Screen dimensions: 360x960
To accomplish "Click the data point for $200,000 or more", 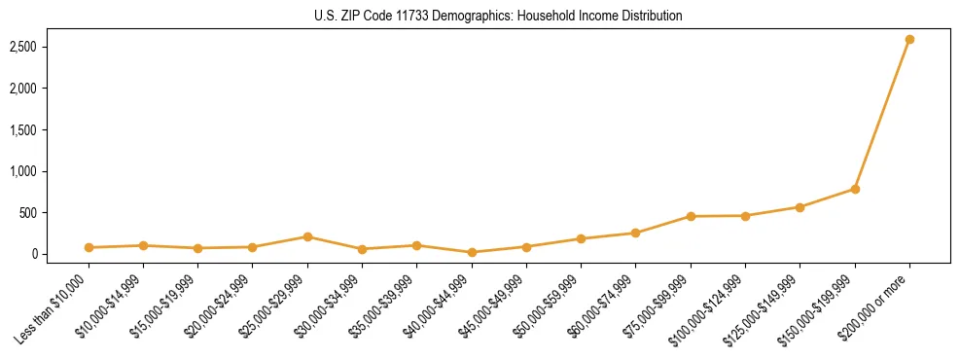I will (909, 40).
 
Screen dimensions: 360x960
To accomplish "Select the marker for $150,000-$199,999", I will (855, 189).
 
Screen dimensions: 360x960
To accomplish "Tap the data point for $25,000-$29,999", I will (307, 236).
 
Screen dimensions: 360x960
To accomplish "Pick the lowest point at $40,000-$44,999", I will (472, 252).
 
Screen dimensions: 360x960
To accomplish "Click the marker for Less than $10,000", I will (89, 247).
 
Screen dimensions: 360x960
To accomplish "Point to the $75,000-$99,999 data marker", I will (691, 216).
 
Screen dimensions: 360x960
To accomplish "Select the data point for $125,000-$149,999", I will (800, 207).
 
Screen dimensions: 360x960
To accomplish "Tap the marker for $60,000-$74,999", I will (635, 233).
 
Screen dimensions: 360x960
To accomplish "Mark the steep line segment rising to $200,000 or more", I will (882, 115).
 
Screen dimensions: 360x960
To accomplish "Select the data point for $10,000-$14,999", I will (143, 245).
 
